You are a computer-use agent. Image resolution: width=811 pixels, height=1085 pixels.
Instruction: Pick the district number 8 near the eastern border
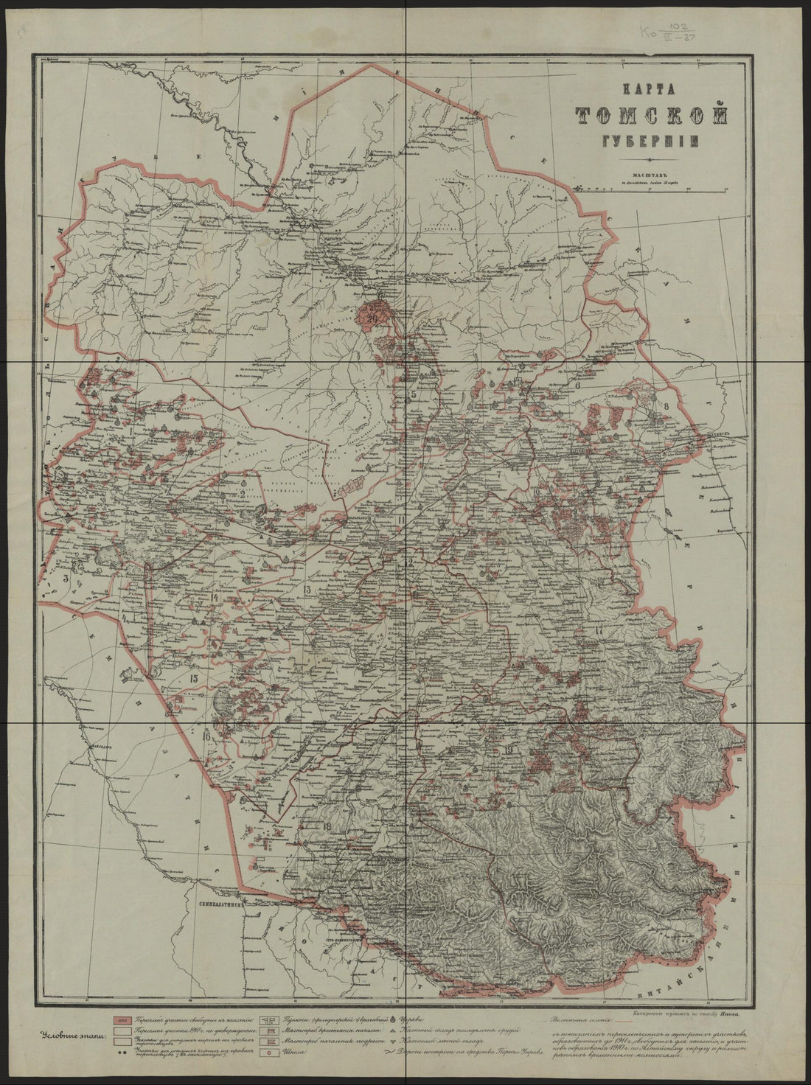[x=666, y=405]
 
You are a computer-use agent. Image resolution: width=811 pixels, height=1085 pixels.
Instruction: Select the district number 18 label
[x=327, y=826]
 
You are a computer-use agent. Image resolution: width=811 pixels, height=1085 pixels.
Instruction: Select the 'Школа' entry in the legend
[x=295, y=1054]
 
